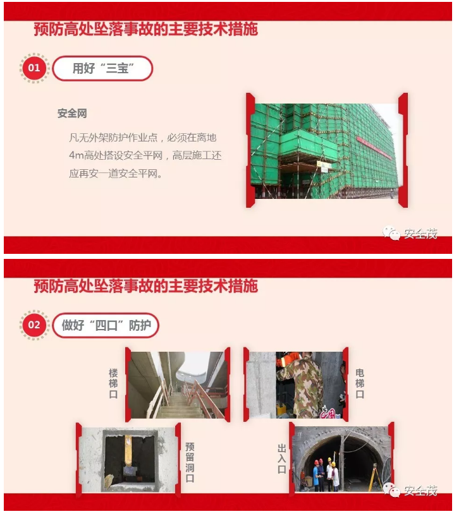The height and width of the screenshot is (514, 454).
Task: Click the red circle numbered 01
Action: (34, 68)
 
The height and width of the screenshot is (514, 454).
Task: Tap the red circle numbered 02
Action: (34, 325)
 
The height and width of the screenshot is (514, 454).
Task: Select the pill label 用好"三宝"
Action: (102, 68)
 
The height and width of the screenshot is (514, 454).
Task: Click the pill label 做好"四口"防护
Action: (106, 325)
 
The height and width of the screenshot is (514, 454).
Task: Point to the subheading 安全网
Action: (72, 114)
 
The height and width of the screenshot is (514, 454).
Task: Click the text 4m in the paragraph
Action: (76, 155)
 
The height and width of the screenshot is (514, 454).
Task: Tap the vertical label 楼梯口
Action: (113, 383)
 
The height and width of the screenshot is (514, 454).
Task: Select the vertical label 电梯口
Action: (360, 383)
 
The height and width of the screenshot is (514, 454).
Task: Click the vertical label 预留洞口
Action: (190, 462)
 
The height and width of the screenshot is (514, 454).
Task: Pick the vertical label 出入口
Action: (281, 459)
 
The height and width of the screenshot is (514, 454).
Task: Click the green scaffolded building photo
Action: (326, 151)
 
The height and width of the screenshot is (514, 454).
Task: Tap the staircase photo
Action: (177, 385)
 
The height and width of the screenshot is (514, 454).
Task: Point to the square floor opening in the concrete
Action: (130, 459)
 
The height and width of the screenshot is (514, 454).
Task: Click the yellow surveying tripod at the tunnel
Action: (375, 472)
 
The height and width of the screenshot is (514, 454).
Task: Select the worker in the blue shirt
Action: (316, 475)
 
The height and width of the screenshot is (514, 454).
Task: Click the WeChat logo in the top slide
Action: (391, 233)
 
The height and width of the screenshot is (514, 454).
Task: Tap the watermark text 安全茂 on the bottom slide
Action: (421, 491)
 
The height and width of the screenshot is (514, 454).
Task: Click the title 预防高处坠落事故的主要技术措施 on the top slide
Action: (146, 29)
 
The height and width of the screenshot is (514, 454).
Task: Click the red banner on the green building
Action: (374, 148)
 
